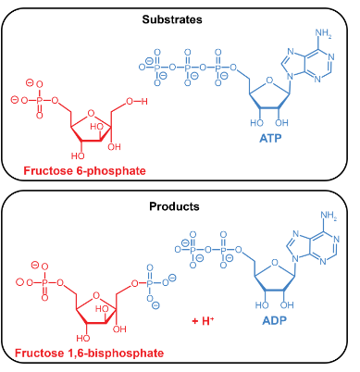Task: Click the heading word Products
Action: click(x=180, y=208)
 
